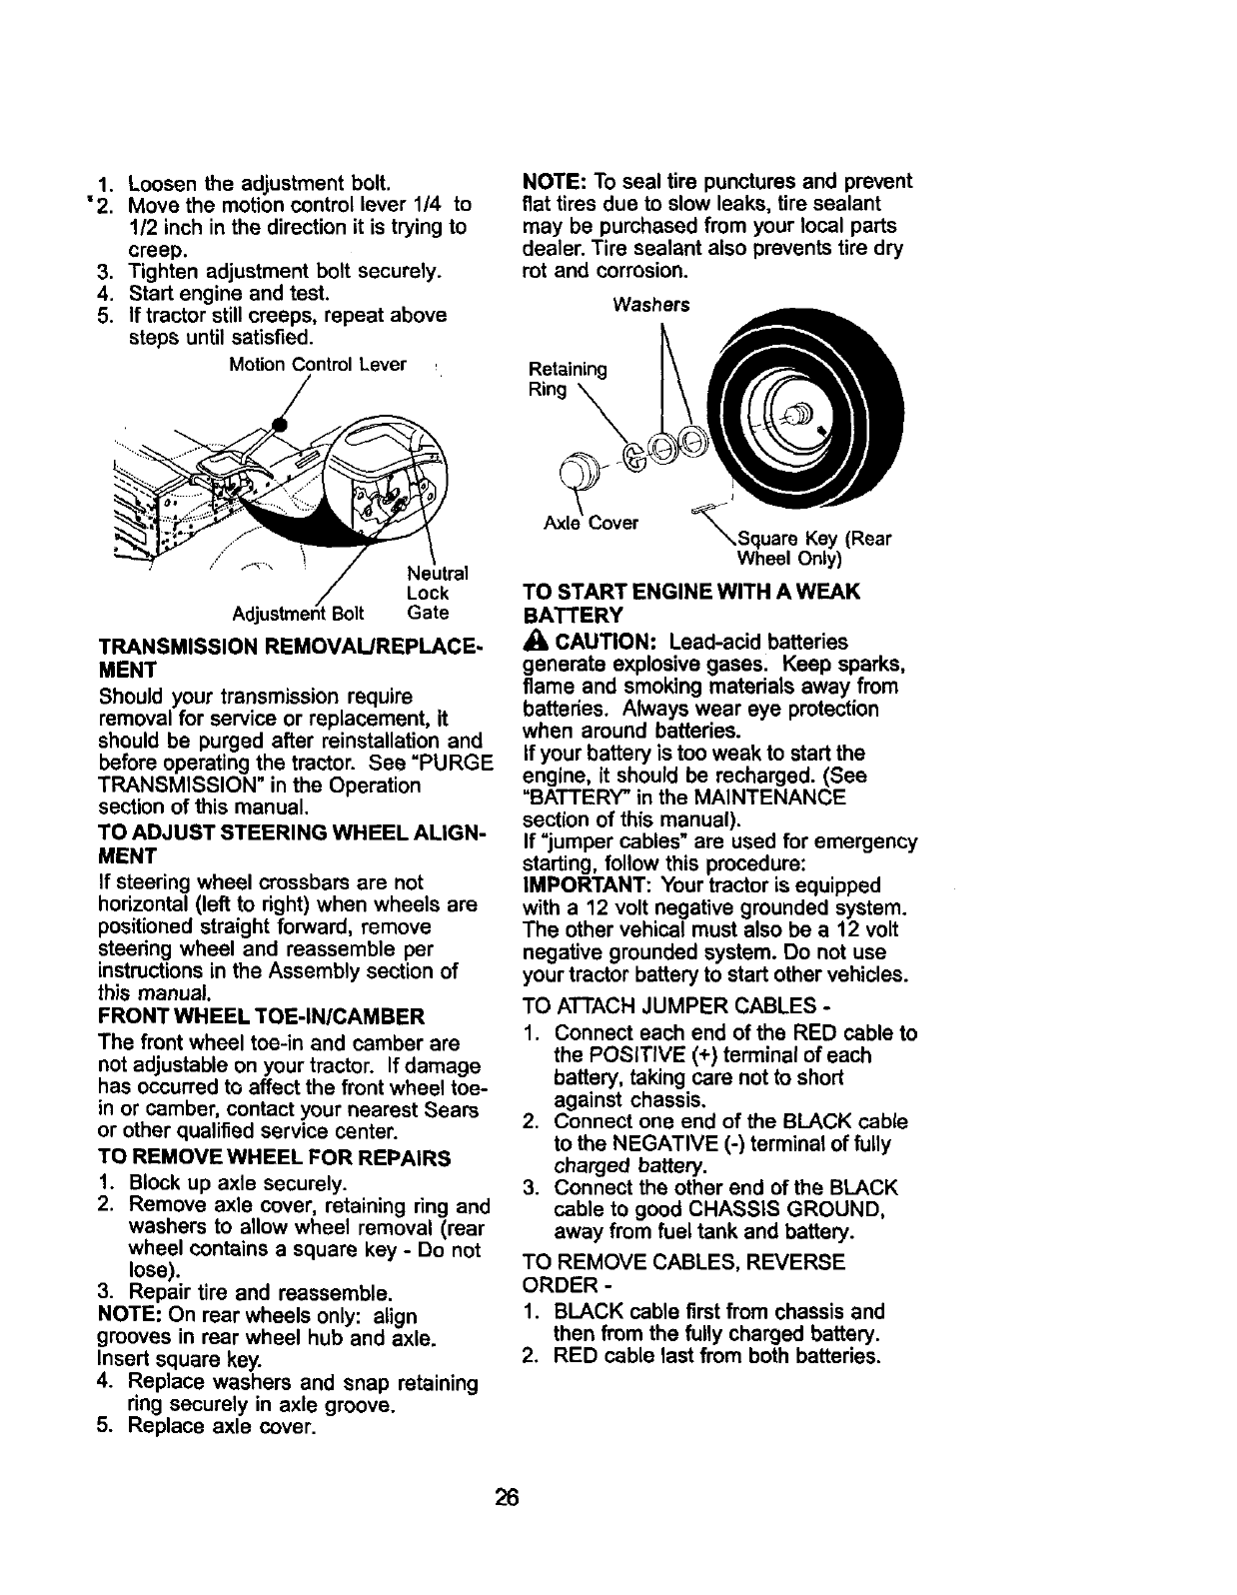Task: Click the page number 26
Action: pos(507,1497)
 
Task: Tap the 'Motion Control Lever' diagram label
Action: pos(317,365)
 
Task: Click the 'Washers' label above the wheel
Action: pos(651,305)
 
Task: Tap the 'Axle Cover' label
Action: pos(591,523)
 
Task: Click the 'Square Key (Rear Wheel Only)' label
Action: pos(812,548)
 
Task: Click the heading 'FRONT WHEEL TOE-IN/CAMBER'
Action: pos(261,1017)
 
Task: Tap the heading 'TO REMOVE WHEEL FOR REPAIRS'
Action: pos(275,1158)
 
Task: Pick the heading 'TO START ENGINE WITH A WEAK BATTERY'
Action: pos(689,603)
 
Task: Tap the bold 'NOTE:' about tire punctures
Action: pos(555,182)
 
